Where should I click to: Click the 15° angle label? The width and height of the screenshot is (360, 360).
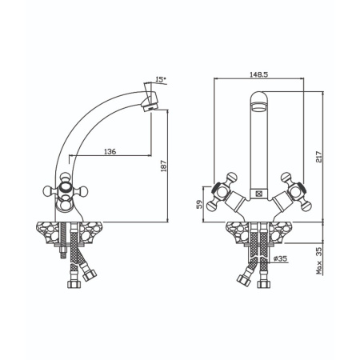(161, 79)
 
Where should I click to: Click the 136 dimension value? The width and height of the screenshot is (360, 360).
(110, 151)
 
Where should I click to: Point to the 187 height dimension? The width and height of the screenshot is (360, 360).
(164, 166)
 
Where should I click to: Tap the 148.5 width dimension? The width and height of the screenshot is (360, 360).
(258, 74)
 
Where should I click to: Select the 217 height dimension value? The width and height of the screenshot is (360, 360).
(319, 157)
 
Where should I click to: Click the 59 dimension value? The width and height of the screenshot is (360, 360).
(199, 205)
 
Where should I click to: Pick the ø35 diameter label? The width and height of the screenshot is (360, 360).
(280, 258)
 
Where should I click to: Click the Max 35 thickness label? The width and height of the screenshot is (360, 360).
(319, 261)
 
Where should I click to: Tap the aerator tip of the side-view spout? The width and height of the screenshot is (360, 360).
(150, 107)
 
